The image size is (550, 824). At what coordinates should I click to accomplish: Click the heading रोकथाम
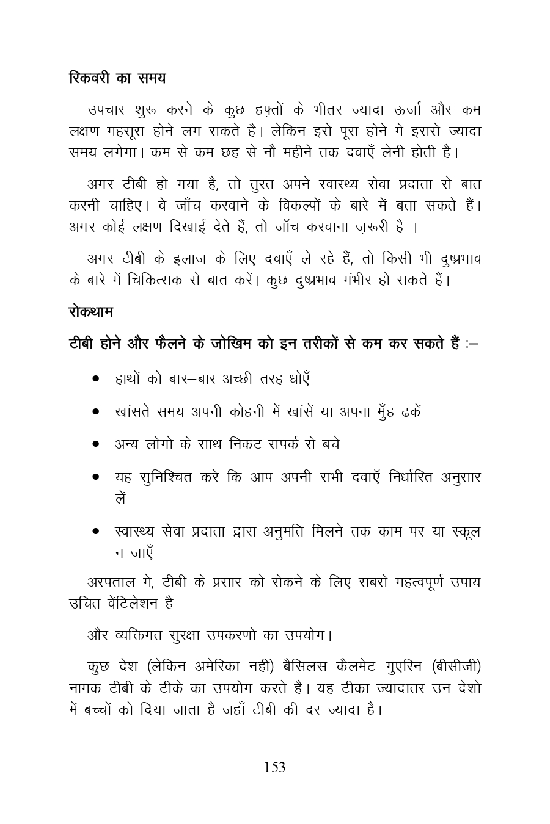point(90,313)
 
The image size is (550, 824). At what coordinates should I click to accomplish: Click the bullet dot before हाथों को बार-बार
point(96,379)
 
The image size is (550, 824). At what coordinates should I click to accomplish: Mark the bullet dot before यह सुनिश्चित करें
point(96,477)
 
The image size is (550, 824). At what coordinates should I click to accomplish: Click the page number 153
point(274,768)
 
